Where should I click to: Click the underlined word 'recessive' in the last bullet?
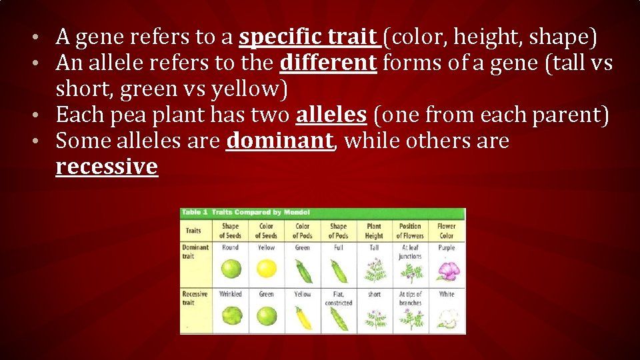tap(107, 167)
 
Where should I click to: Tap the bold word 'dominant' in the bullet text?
tap(279, 141)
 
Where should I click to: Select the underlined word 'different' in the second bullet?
tap(329, 63)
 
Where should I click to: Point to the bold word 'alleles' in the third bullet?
tap(331, 115)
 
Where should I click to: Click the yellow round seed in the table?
tap(267, 269)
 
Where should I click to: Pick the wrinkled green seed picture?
tap(231, 317)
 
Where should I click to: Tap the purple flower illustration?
tap(447, 271)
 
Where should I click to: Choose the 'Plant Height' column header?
tap(374, 231)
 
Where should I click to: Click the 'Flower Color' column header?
tap(447, 231)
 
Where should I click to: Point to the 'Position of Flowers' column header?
tap(410, 231)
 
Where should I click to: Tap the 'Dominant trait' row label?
tap(195, 251)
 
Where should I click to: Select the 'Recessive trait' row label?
tap(195, 298)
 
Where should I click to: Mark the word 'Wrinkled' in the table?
tap(231, 294)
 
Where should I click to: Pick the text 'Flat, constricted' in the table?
tap(339, 298)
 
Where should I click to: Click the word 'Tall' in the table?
tap(374, 247)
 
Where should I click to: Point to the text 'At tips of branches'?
tap(410, 298)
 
